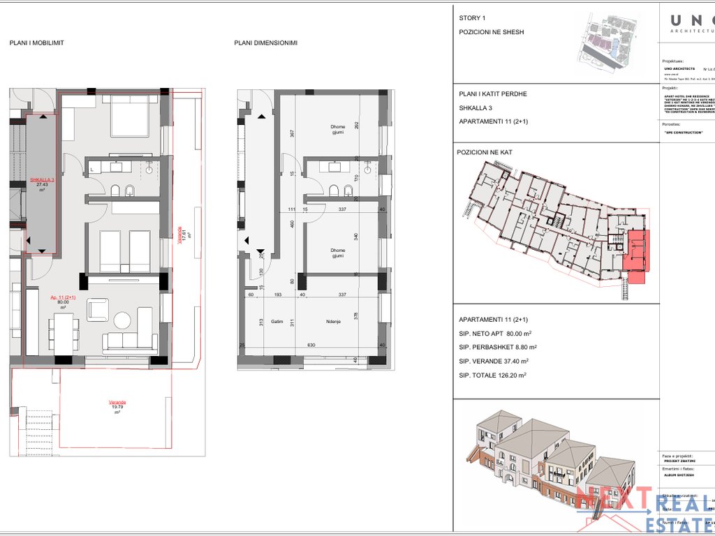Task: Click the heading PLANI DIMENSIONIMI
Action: click(266, 43)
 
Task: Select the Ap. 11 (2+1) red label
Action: click(63, 297)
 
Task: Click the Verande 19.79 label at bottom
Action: click(117, 403)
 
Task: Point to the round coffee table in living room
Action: click(122, 320)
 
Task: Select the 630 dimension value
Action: click(311, 345)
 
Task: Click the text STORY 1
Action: click(472, 18)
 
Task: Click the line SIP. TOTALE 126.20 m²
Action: click(492, 375)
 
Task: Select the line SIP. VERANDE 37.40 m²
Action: click(494, 361)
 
